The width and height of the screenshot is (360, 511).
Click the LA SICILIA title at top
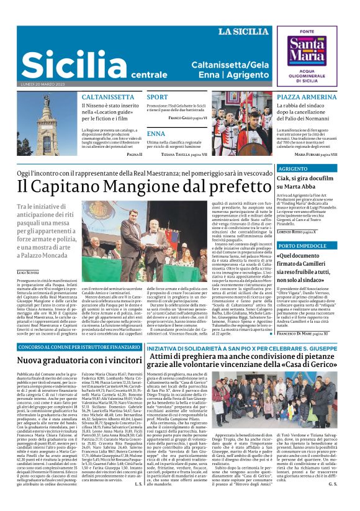coord(243,31)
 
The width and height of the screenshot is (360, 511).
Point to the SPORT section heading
coord(157,97)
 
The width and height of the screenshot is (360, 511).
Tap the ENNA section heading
coord(156,133)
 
